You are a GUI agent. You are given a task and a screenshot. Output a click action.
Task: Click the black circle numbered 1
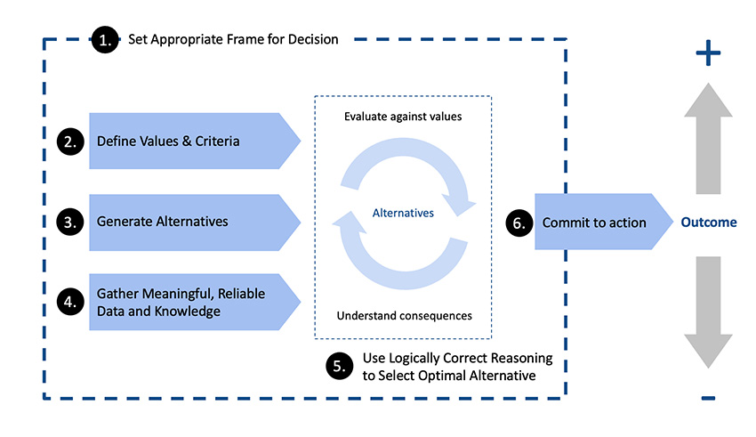[106, 40]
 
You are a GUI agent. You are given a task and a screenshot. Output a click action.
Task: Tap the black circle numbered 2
[70, 142]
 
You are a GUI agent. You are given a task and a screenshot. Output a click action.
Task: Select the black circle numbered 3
[70, 223]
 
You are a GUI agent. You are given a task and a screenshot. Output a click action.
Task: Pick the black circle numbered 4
[70, 303]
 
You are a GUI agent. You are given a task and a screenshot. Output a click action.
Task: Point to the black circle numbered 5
[338, 367]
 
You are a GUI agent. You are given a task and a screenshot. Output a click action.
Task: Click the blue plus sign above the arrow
[708, 55]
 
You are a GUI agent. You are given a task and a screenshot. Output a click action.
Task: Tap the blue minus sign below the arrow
[708, 397]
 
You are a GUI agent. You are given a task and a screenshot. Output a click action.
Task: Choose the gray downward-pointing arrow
[708, 312]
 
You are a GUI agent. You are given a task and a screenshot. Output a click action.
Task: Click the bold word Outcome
[709, 223]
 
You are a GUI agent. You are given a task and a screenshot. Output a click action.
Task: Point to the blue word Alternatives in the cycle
[403, 214]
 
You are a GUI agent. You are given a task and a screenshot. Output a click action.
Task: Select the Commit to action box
[596, 223]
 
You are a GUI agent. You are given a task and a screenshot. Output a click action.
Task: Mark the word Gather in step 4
[117, 294]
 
